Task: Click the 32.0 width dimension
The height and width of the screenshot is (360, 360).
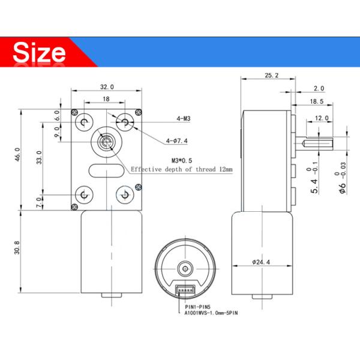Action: coord(106,86)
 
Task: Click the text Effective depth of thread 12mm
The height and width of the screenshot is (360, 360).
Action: coord(181,170)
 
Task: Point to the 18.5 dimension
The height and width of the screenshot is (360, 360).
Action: coord(317,102)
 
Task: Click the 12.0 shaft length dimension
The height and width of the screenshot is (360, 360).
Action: coord(322,118)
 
